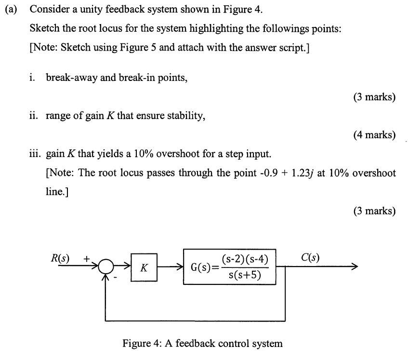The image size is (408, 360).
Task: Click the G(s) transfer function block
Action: (230, 267)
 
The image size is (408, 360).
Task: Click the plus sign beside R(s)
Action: (86, 258)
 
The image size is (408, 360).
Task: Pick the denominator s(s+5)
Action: (244, 275)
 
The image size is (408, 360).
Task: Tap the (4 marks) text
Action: (374, 134)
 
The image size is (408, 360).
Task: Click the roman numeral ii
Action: (34, 115)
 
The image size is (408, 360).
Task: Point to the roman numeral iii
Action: (35, 154)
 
